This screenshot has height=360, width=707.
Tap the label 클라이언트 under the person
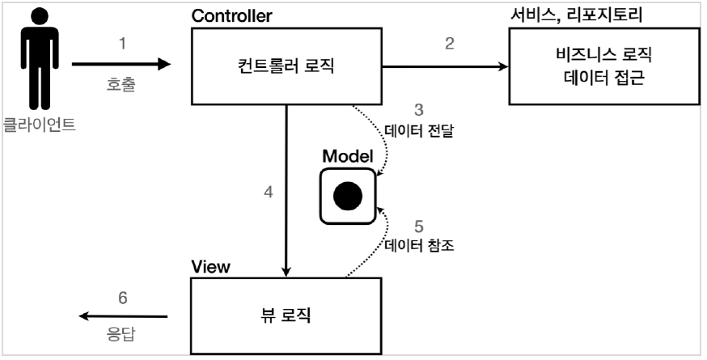pyautogui.click(x=39, y=125)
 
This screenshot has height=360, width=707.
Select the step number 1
pyautogui.click(x=123, y=44)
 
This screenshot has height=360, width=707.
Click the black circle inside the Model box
pyautogui.click(x=348, y=195)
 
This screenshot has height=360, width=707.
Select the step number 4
pyautogui.click(x=268, y=193)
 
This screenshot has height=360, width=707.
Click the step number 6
pyautogui.click(x=123, y=297)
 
